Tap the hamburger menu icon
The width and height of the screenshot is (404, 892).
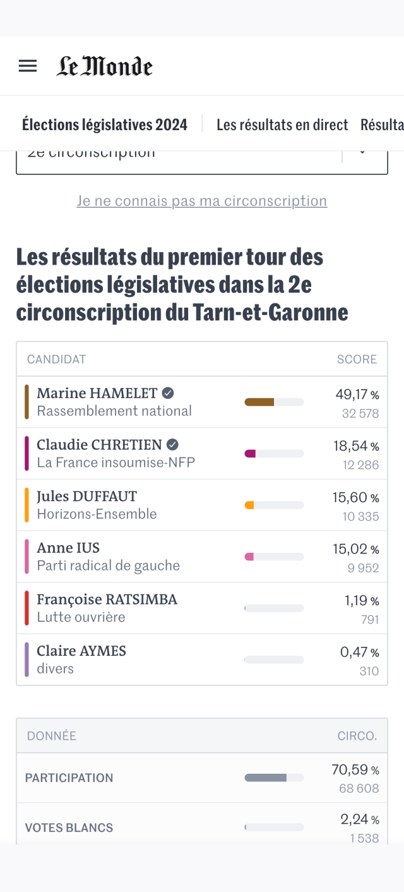[28, 66]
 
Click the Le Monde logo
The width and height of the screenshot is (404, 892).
[105, 66]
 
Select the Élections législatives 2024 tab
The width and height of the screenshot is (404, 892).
[105, 125]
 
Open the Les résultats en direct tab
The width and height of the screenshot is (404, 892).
[282, 125]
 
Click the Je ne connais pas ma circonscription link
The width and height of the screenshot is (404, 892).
[202, 201]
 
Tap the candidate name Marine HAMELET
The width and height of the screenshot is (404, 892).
[97, 393]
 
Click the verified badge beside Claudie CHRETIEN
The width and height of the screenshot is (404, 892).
[172, 444]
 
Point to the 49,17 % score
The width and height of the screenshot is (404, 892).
[357, 395]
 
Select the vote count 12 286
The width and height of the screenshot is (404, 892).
[360, 465]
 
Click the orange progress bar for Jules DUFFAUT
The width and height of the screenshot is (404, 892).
[249, 505]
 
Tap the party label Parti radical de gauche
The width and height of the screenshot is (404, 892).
[108, 565]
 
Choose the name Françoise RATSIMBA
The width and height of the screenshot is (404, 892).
[107, 599]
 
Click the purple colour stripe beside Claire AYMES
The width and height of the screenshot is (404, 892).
[27, 660]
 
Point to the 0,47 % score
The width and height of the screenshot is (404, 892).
[359, 652]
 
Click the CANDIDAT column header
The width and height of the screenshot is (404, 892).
[56, 359]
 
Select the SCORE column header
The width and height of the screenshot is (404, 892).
[357, 359]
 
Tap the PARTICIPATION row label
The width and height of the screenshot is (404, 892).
[69, 778]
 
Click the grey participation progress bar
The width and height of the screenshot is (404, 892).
[266, 778]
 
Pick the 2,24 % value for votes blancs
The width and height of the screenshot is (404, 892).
[359, 819]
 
